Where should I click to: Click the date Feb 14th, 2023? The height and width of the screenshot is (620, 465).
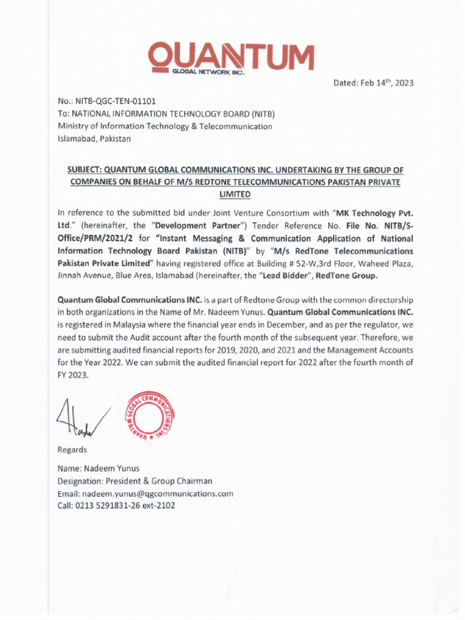[x=374, y=83]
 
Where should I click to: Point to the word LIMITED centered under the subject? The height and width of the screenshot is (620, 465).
[x=233, y=194]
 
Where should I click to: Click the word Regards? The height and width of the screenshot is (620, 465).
[x=72, y=450]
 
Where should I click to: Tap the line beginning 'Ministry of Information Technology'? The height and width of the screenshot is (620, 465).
[x=165, y=126]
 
